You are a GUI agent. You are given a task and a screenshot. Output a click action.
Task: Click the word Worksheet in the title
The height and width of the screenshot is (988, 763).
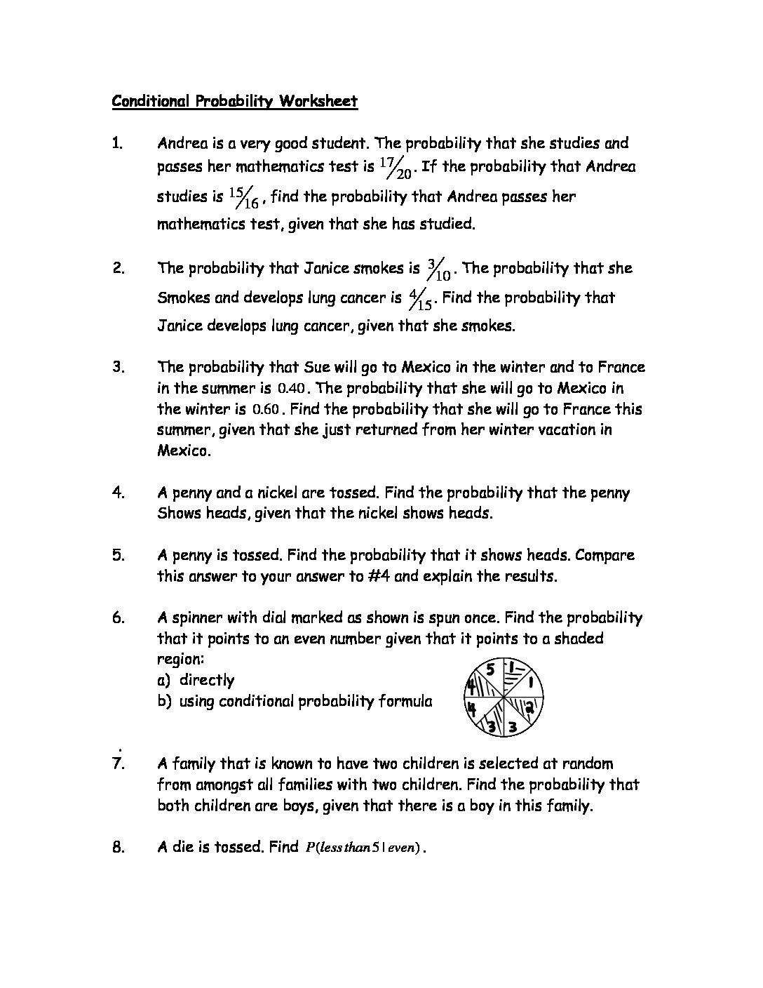(x=318, y=101)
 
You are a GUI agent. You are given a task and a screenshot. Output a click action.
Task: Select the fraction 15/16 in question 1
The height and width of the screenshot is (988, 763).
(x=245, y=198)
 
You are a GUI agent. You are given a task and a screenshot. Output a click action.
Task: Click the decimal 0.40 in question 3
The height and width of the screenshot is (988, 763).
(x=292, y=388)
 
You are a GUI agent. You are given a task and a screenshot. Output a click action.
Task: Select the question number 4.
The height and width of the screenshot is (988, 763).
(x=118, y=493)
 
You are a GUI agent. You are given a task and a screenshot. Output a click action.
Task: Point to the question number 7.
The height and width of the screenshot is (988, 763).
(x=118, y=763)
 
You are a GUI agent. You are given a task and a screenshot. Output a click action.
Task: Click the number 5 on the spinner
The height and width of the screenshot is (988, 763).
(x=492, y=671)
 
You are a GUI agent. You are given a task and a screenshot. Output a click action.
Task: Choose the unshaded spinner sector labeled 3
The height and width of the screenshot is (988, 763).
(x=513, y=726)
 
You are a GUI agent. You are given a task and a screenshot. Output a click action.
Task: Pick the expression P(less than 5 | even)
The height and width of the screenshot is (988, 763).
(x=363, y=848)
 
